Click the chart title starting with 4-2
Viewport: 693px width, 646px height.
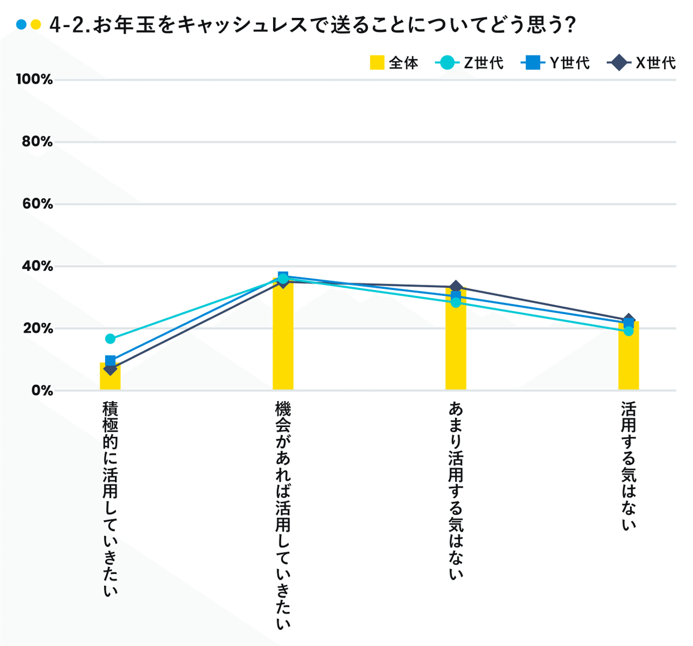click(x=312, y=25)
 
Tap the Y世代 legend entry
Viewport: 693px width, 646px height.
click(x=555, y=62)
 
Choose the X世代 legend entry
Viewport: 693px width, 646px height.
click(x=642, y=62)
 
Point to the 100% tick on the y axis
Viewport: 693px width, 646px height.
click(x=34, y=80)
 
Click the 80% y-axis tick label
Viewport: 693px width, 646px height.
click(x=37, y=142)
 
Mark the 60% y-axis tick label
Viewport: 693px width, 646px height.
click(x=37, y=204)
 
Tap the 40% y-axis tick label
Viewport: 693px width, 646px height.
click(x=37, y=266)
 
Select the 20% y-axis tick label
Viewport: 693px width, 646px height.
click(x=37, y=328)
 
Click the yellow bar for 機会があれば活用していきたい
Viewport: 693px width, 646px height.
click(x=283, y=341)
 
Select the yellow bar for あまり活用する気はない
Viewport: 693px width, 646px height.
click(x=456, y=347)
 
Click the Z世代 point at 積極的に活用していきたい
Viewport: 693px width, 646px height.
click(x=110, y=339)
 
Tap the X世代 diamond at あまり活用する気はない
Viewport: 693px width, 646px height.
click(x=456, y=287)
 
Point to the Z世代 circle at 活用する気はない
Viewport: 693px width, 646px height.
click(x=628, y=331)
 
